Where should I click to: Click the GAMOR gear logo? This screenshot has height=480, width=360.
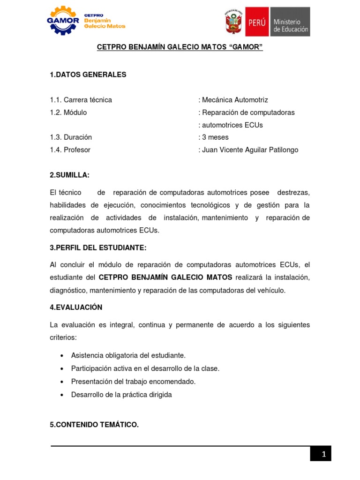[63, 21]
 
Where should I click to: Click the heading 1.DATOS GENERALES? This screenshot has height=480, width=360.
[88, 75]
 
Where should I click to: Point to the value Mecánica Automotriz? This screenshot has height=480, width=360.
[235, 100]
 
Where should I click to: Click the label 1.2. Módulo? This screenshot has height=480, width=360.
[68, 112]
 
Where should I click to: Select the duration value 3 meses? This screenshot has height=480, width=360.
[215, 137]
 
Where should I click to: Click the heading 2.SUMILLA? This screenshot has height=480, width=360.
[69, 175]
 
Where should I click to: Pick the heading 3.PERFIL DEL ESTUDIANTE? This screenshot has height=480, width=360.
[98, 247]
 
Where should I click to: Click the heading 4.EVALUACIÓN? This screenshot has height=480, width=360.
[76, 307]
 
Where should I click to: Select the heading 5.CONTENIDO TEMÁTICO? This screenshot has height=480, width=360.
[94, 425]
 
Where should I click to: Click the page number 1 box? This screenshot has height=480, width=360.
[321, 453]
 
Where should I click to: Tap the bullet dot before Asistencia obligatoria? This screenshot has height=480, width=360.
[62, 356]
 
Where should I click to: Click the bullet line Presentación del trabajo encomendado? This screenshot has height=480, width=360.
[133, 382]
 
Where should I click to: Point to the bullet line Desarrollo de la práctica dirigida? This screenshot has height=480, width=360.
[121, 395]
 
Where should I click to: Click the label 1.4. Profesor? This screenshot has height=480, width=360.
[70, 150]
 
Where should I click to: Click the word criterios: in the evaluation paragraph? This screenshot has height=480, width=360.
[63, 337]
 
